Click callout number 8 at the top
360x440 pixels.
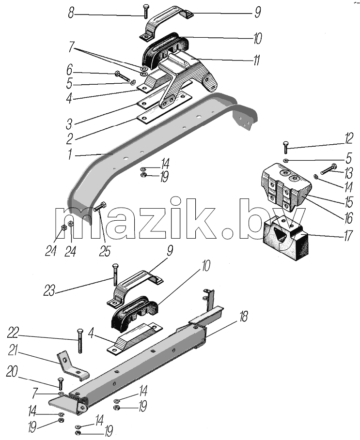[x=71, y=13]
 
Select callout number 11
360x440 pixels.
[x=256, y=61]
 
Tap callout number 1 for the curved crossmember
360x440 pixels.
[x=70, y=154]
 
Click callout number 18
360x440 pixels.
[x=243, y=317]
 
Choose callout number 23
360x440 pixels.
[x=49, y=291]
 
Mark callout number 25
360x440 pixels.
[x=105, y=251]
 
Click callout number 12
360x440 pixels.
[x=348, y=139]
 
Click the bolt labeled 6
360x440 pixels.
[x=122, y=76]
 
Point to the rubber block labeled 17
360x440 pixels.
[x=285, y=240]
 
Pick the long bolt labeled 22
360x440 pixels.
[x=79, y=340]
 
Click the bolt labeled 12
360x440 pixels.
[x=285, y=147]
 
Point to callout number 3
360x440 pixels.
[x=69, y=124]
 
